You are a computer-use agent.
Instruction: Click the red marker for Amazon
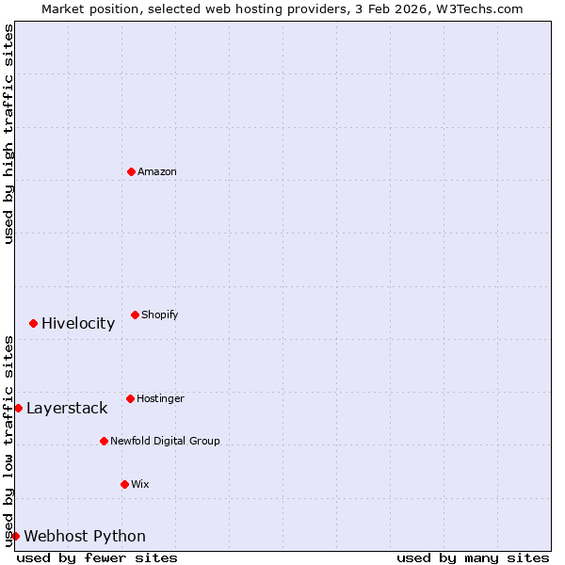tap(131, 171)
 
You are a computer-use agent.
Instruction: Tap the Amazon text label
tap(156, 171)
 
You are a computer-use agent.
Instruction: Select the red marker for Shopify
tap(135, 315)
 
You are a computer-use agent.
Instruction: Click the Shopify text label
tap(160, 315)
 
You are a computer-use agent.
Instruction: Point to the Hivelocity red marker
tap(33, 323)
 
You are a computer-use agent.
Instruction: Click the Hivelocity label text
tap(78, 323)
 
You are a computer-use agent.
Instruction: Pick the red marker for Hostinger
tap(130, 398)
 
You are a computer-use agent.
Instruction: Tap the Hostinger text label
tap(160, 398)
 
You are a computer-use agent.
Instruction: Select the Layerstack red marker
tap(18, 408)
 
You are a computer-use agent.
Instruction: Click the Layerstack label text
tap(67, 408)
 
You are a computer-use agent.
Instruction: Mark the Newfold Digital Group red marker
tap(104, 441)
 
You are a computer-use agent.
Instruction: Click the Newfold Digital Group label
tap(165, 441)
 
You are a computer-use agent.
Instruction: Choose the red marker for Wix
tap(124, 484)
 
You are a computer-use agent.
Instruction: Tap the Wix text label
tap(139, 484)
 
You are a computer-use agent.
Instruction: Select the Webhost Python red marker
tap(15, 536)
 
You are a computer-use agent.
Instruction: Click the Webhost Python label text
tap(85, 536)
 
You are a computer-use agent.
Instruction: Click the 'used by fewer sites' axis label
tap(97, 557)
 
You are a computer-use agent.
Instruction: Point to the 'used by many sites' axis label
tap(473, 557)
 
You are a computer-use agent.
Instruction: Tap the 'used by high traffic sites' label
tap(8, 135)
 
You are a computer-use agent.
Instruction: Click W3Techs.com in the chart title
tap(479, 8)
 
